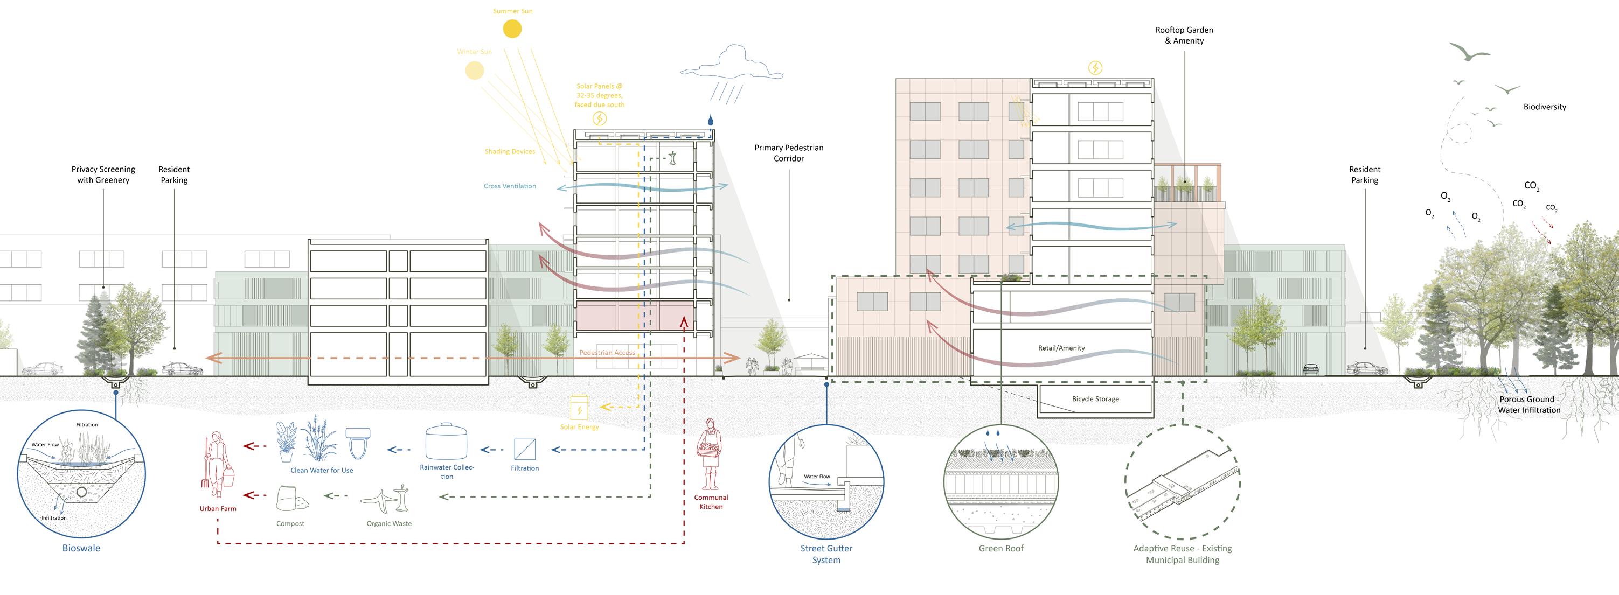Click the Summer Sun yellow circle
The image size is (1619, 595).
[x=512, y=29]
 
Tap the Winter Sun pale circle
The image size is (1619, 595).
[x=475, y=71]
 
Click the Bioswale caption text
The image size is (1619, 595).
[x=81, y=548]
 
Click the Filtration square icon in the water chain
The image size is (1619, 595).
[x=525, y=449]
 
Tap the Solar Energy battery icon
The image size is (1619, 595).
[x=579, y=408]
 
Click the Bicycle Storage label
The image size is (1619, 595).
[x=1095, y=399]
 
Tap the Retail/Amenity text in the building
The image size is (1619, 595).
[x=1061, y=348]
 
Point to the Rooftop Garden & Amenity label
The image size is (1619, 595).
[x=1184, y=35]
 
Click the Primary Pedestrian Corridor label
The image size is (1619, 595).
[x=789, y=153]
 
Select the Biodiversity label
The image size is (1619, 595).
[x=1544, y=107]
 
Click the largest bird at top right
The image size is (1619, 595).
[x=1469, y=52]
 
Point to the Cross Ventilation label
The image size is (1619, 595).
[x=510, y=186]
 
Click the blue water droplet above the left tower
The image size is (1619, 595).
[x=710, y=120]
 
